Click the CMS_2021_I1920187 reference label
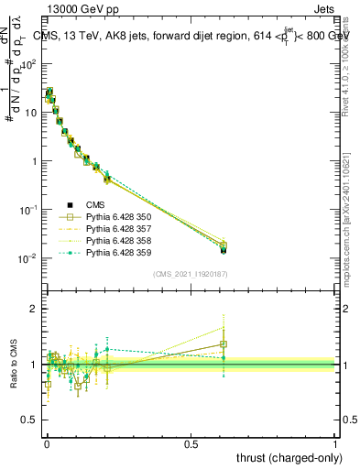click(191, 274)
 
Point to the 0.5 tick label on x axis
click(191, 442)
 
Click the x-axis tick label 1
click(335, 442)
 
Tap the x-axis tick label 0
click(47, 442)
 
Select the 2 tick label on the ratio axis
click(33, 309)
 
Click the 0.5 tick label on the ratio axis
click(29, 421)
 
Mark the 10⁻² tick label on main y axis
click(27, 258)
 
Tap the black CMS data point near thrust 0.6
click(224, 248)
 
